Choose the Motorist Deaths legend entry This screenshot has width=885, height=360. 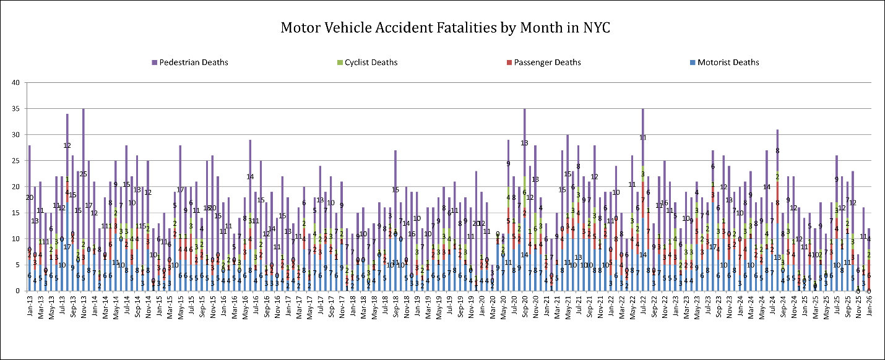coord(727,62)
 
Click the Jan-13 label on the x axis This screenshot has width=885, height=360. coord(29,304)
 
